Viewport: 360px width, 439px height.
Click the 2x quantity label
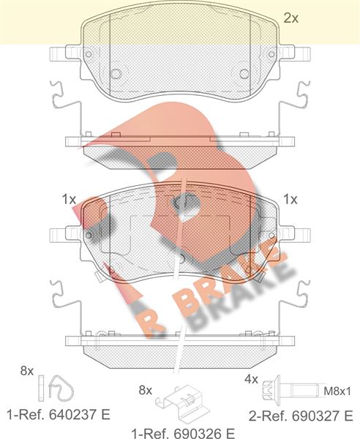[290, 18]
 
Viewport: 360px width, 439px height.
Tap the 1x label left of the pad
[69, 198]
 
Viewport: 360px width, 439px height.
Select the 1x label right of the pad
[290, 198]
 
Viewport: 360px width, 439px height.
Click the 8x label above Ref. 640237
[27, 371]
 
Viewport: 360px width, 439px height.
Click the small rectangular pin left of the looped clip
[42, 385]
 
